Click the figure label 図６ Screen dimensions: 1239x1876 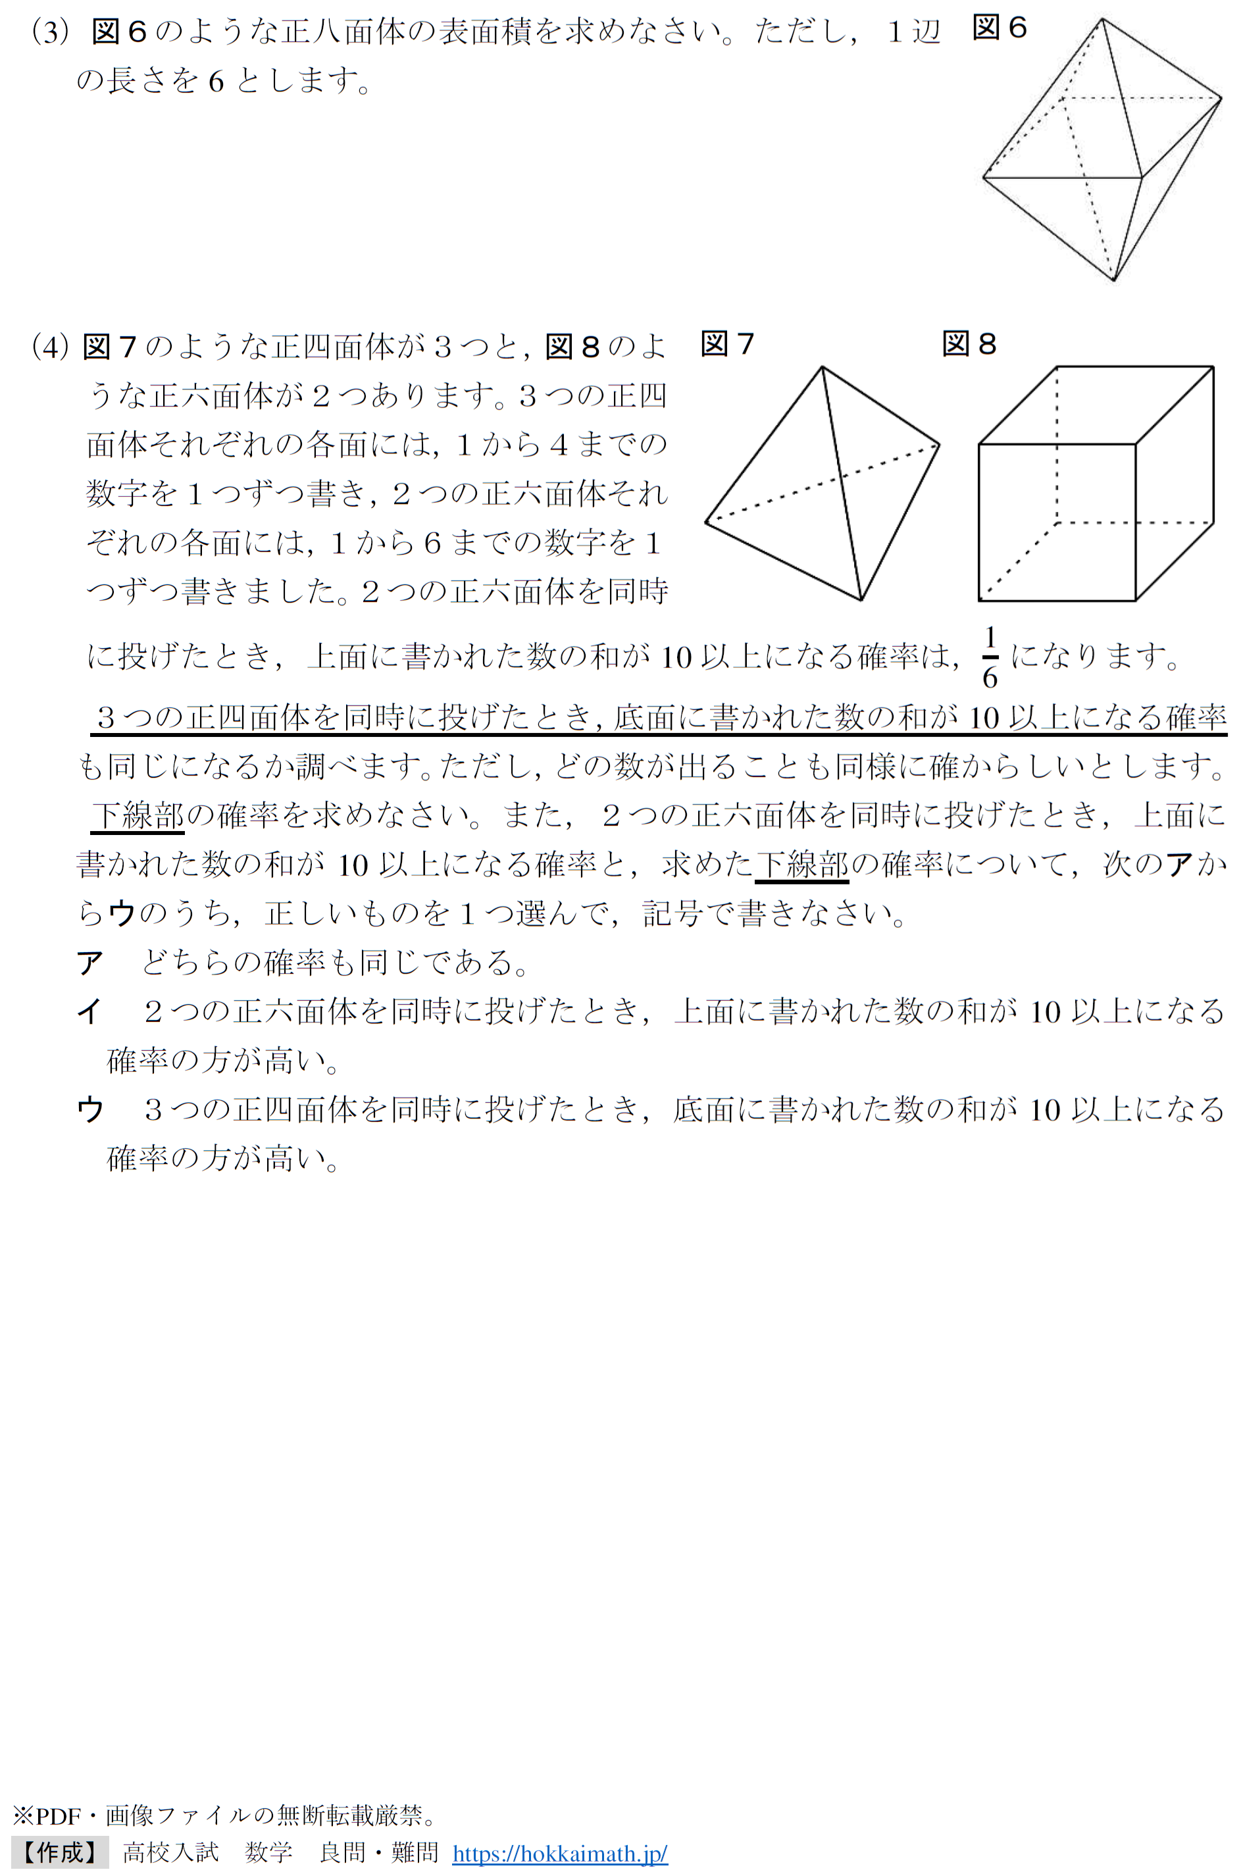[x=999, y=28]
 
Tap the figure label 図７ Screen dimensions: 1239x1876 [x=727, y=345]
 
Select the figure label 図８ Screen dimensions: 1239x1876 [x=969, y=345]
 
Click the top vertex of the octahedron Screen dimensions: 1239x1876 [x=1101, y=19]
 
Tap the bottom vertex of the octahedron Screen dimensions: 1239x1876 [x=1113, y=280]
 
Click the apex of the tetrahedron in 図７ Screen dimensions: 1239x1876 [x=822, y=367]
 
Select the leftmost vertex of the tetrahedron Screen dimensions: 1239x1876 [x=705, y=522]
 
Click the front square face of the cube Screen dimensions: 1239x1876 [x=1057, y=522]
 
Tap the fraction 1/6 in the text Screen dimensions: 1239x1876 [x=990, y=657]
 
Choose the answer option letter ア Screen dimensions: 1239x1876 [x=90, y=963]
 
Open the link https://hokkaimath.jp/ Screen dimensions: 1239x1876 [x=559, y=1854]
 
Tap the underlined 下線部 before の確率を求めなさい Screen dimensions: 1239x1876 [x=138, y=815]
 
